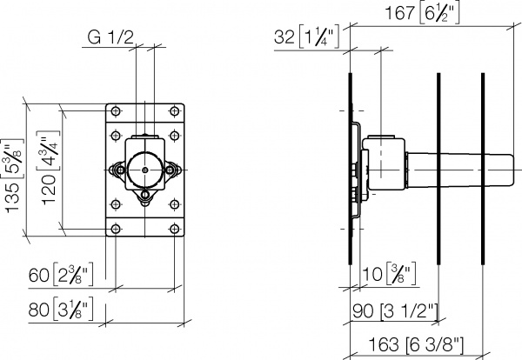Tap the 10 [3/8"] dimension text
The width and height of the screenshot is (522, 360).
tap(386, 277)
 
